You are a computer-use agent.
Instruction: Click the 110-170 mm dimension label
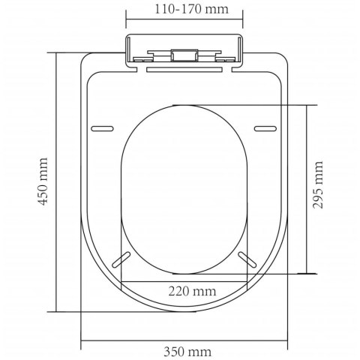pos(192,9)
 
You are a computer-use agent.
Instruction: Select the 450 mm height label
pos(43,181)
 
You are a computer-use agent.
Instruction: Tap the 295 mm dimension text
pos(318,185)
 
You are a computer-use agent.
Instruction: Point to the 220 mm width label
pos(192,291)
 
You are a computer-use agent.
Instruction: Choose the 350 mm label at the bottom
pos(187,352)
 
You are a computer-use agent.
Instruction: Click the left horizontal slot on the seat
pos(102,129)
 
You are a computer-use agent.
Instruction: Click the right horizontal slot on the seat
pos(265,129)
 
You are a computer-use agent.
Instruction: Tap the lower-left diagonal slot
pos(121,259)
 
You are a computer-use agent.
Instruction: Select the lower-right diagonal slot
pos(247,259)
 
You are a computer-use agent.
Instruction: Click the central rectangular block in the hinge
pos(184,55)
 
